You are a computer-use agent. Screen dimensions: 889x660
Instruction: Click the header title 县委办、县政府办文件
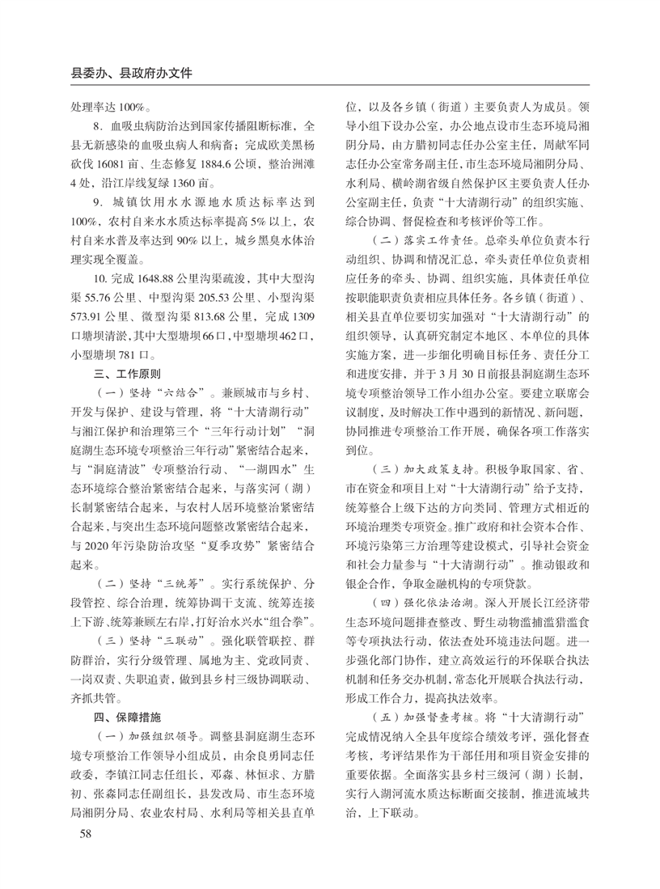[x=133, y=71]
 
